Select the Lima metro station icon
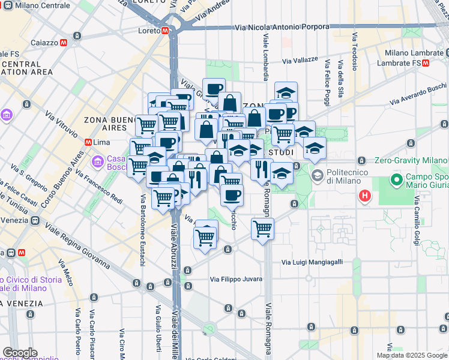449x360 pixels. (88, 142)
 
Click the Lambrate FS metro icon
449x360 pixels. (425, 62)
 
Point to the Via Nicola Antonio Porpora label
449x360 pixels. (282, 27)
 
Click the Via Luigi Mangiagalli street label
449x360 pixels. (312, 262)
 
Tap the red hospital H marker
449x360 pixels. (364, 196)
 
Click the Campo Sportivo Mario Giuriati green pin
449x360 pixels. (396, 179)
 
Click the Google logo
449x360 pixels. (20, 353)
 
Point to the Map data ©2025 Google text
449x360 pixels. (411, 355)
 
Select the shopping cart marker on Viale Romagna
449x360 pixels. (262, 228)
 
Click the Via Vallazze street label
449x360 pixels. (300, 61)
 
